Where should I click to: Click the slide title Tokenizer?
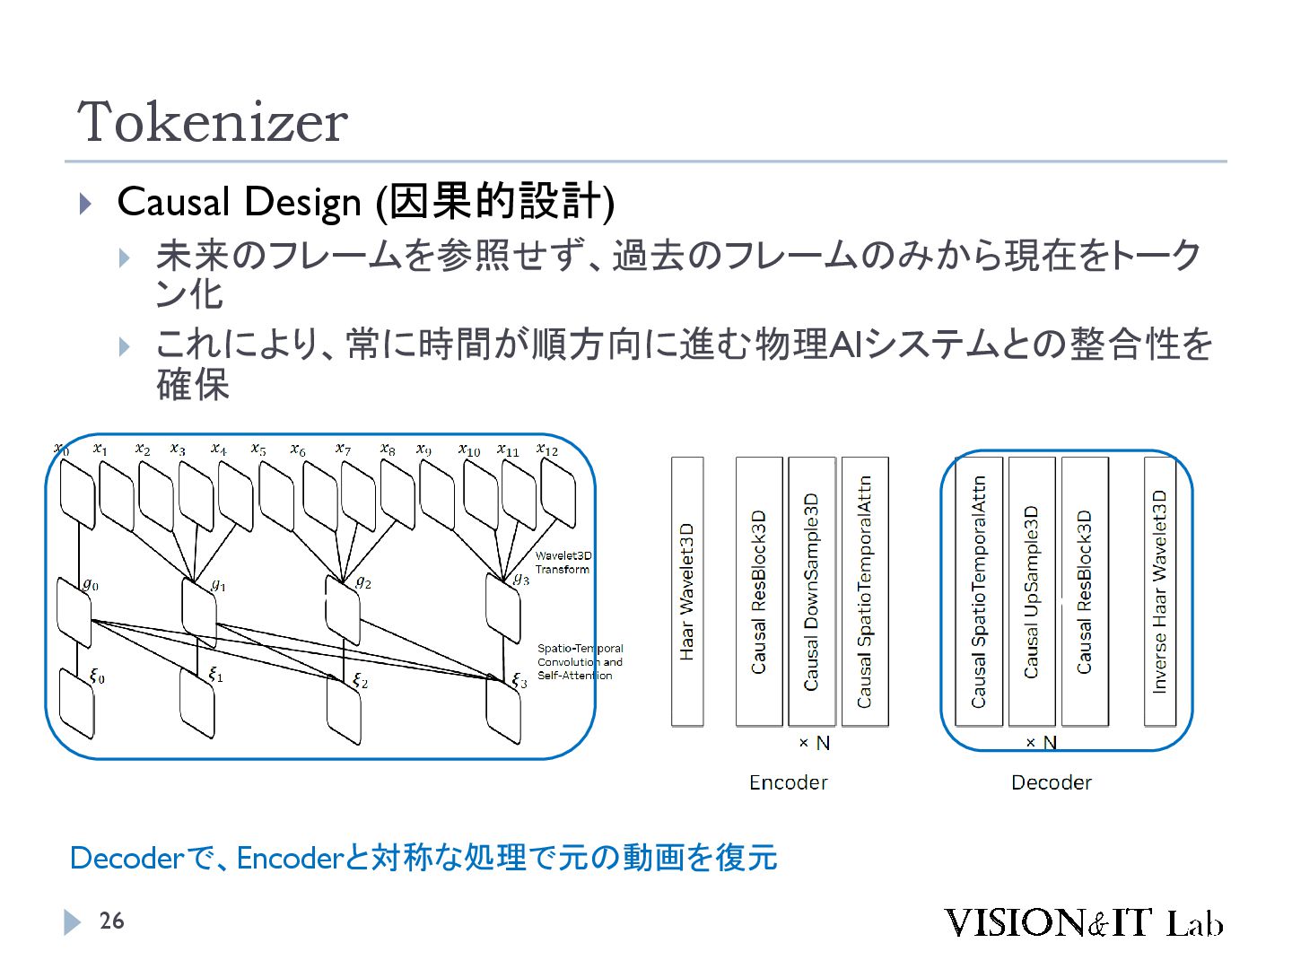pos(213,122)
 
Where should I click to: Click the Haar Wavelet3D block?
pos(687,591)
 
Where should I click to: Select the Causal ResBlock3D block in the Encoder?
pos(759,591)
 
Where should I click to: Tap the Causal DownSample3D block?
pos(812,591)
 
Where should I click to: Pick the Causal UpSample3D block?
pos(1032,591)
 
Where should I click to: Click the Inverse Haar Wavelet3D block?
pos(1159,591)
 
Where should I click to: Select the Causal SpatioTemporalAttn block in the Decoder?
pos(979,591)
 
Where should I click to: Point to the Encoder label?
pos(788,782)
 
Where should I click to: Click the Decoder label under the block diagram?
pos(1051,782)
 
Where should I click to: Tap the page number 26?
pos(111,921)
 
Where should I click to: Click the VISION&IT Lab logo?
pos(1082,922)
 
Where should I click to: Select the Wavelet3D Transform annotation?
pos(563,563)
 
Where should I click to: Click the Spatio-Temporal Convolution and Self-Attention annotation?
pos(580,661)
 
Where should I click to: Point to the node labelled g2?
pos(342,609)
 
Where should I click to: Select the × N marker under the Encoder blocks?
pos(814,743)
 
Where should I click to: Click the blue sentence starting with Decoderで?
pos(423,858)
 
